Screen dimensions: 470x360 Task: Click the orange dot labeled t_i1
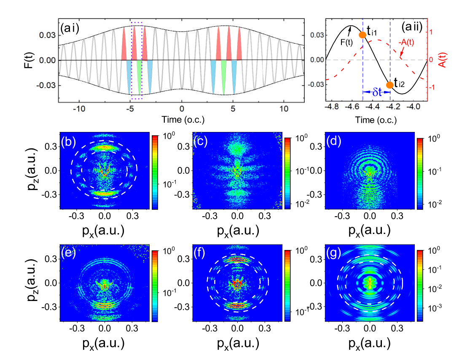pyautogui.click(x=363, y=35)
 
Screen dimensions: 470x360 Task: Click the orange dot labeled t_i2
pyautogui.click(x=389, y=85)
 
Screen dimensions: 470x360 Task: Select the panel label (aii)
pyautogui.click(x=412, y=27)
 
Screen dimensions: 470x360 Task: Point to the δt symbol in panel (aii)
pyautogui.click(x=377, y=93)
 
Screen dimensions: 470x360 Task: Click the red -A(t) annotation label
pyautogui.click(x=406, y=42)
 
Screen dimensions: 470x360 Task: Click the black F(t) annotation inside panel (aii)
pyautogui.click(x=346, y=43)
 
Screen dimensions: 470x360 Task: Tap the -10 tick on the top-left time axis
pyautogui.click(x=79, y=109)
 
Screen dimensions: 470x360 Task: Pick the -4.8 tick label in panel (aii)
pyautogui.click(x=332, y=107)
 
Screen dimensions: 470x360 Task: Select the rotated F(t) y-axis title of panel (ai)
pyautogui.click(x=29, y=60)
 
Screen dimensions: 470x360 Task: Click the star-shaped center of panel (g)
pyautogui.click(x=370, y=283)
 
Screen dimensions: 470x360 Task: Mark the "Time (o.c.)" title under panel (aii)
pyautogui.click(x=376, y=120)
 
